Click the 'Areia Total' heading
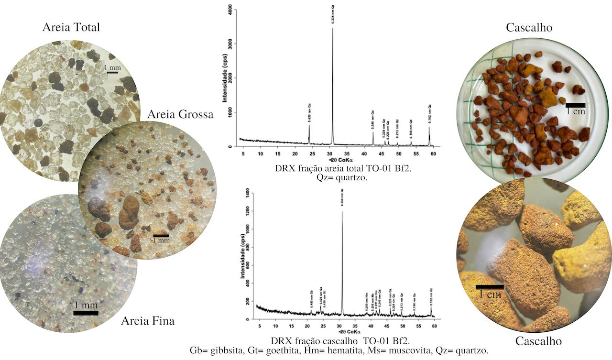click(71, 27)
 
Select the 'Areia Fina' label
click(148, 321)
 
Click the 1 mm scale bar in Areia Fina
click(86, 313)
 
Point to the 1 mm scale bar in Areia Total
click(113, 73)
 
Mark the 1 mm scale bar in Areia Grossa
click(161, 236)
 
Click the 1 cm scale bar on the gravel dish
click(575, 104)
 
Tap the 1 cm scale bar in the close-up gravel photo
click(490, 287)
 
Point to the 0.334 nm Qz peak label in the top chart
click(333, 15)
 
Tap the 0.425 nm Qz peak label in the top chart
click(309, 115)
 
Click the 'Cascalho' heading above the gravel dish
click(529, 28)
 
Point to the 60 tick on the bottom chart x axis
click(434, 326)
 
